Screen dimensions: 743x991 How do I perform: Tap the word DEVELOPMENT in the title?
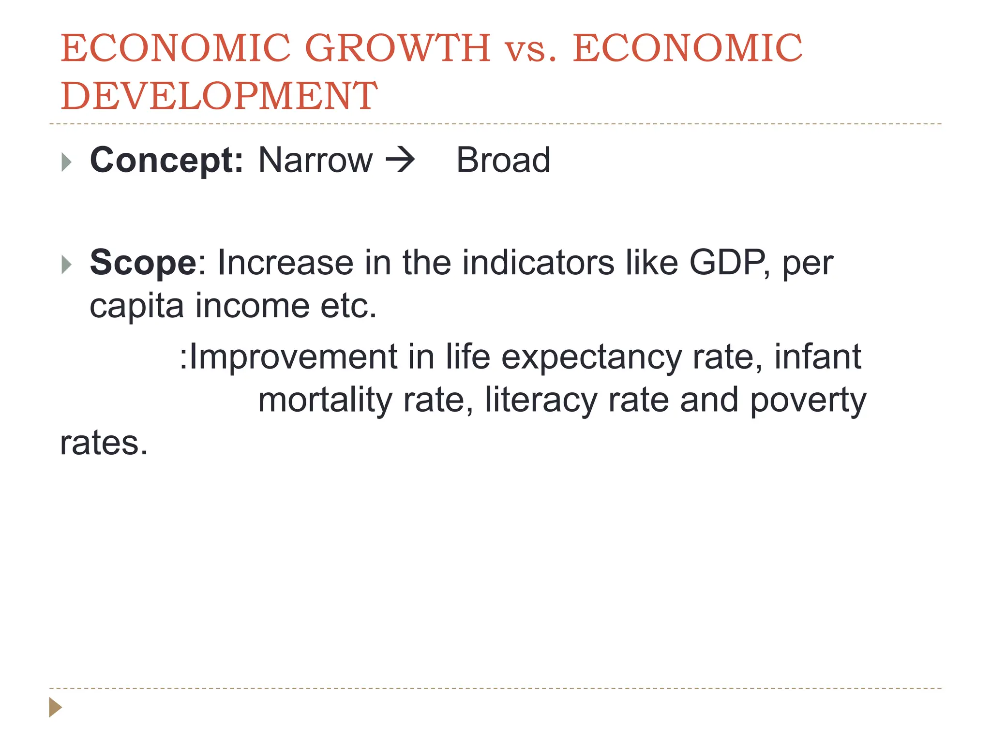(219, 96)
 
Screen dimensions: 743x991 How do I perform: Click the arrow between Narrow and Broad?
(400, 160)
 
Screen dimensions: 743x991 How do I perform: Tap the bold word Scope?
(143, 263)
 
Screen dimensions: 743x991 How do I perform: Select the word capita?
(137, 306)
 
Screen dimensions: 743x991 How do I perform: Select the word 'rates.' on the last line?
(104, 443)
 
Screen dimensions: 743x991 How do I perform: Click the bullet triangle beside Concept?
(67, 162)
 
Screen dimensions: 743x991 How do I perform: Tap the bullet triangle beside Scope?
(67, 265)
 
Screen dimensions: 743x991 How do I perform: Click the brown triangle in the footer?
(55, 707)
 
